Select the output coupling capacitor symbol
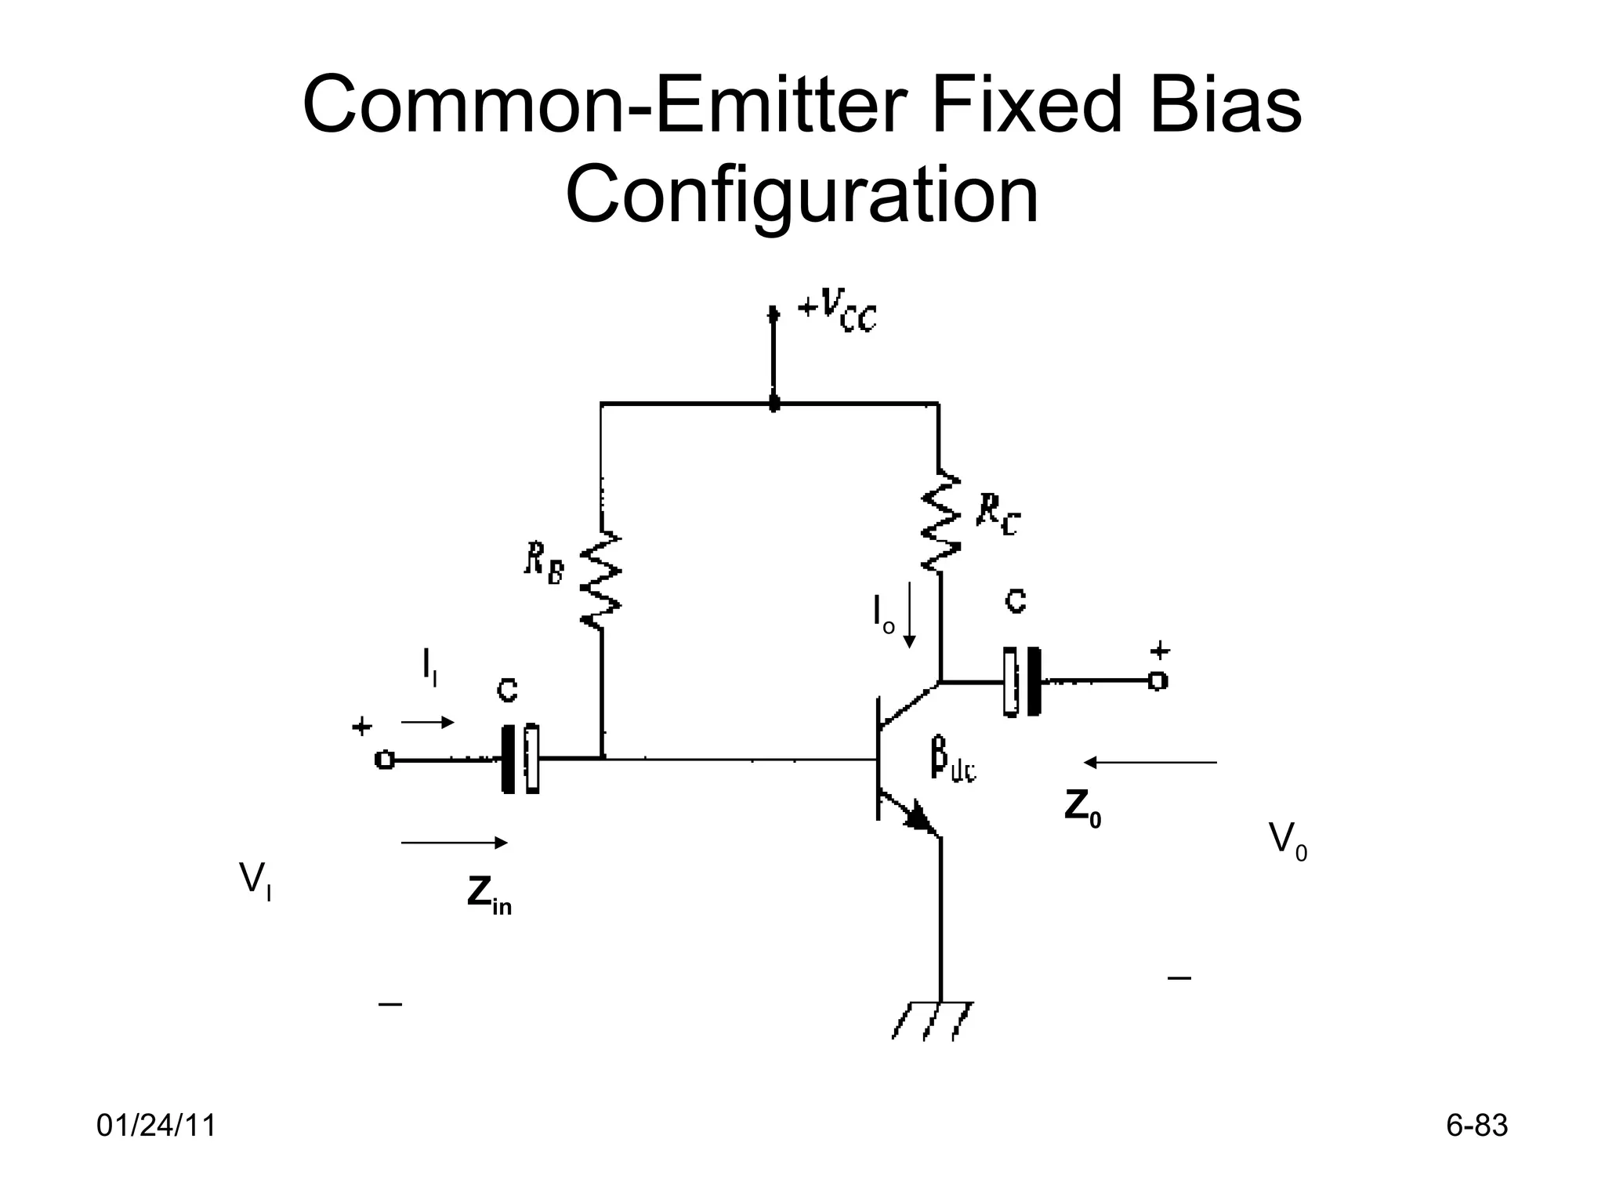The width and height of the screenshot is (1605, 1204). point(1022,681)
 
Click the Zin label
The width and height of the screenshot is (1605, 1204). point(489,894)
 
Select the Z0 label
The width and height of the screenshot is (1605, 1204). point(1082,808)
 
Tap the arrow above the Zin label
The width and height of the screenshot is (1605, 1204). point(454,843)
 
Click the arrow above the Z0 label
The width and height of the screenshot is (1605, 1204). point(1150,762)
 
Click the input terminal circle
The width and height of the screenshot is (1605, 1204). point(384,760)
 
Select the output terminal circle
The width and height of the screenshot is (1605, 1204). point(1158,681)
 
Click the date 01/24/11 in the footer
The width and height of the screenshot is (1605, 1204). point(156,1126)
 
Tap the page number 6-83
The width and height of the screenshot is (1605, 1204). point(1476,1126)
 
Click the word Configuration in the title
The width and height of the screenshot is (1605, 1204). point(802,194)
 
